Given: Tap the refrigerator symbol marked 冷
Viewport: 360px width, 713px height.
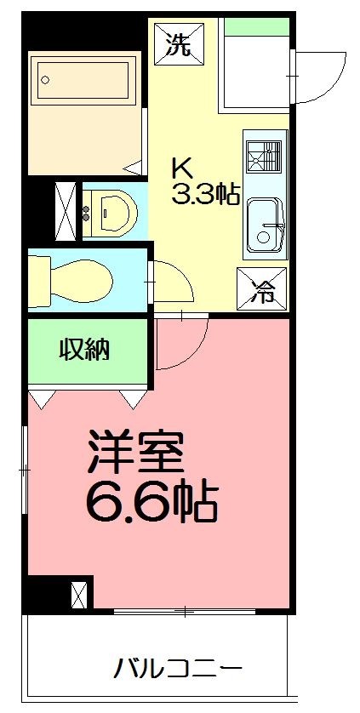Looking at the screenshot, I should tap(261, 290).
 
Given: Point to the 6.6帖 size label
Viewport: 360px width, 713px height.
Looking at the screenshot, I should tap(151, 504).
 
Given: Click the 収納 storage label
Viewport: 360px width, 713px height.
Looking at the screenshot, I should tap(83, 350).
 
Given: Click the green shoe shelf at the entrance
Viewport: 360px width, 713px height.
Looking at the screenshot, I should tap(255, 26).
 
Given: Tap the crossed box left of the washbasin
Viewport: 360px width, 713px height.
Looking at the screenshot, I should tap(66, 208).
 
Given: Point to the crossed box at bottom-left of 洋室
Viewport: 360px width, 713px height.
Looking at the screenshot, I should tap(79, 593).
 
